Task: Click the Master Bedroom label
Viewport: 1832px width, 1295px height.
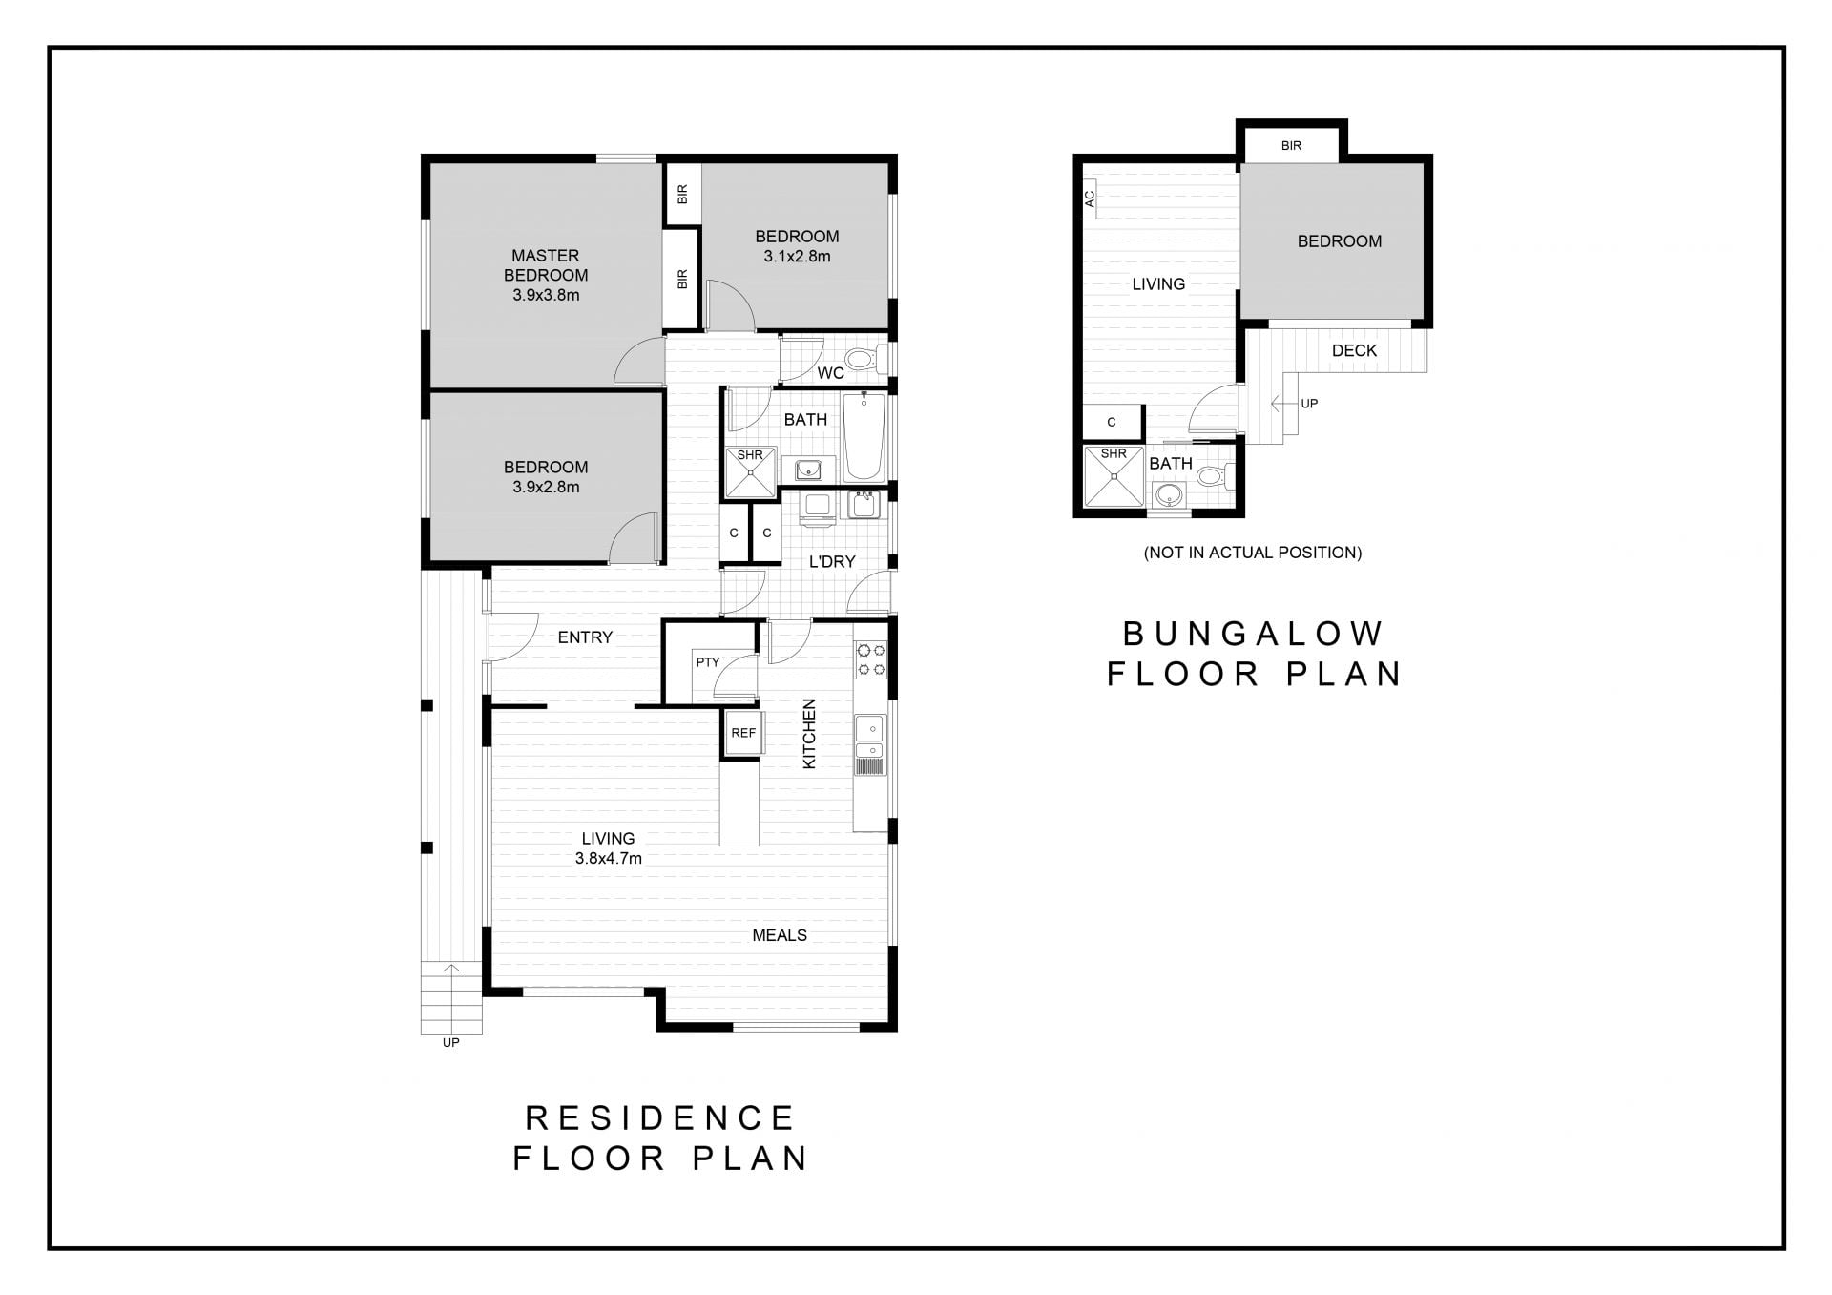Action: coord(546,265)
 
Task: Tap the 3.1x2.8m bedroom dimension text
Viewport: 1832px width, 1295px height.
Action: coord(797,257)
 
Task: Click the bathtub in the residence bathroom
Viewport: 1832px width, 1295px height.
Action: coord(864,438)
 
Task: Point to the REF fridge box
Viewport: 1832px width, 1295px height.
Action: coord(743,734)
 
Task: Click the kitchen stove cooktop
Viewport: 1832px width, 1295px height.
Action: coord(871,659)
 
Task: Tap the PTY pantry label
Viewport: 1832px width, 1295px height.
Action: coord(708,662)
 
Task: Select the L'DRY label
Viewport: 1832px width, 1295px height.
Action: coord(832,562)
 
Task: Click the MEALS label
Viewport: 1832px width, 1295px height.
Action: coord(780,935)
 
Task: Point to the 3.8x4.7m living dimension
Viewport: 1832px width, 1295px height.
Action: coord(608,858)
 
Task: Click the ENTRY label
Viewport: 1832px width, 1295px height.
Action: coord(585,637)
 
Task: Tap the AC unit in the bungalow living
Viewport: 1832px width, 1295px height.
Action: coord(1089,199)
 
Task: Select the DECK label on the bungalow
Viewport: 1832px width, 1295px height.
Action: coord(1354,351)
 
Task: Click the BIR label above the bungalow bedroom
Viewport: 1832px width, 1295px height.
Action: coord(1291,146)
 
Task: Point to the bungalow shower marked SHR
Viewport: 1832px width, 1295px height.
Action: coord(1114,476)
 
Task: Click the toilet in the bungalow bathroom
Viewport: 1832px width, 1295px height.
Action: coord(1214,475)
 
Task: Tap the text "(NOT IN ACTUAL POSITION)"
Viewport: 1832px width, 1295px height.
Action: coord(1253,553)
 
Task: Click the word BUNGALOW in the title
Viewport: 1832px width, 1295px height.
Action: coord(1253,634)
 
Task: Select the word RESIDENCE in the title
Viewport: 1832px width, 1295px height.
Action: coord(660,1117)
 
